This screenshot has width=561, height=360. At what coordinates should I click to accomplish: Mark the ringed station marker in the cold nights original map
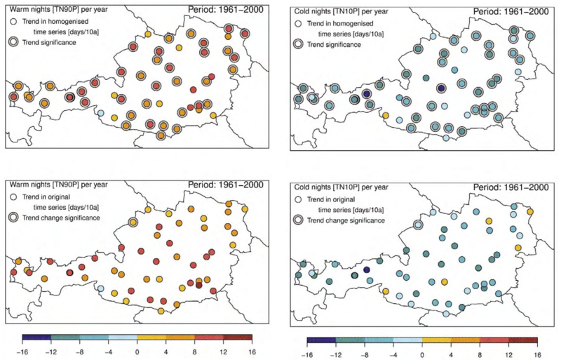coord(418,225)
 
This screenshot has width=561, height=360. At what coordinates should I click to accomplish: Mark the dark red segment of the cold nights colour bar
coord(522,342)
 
